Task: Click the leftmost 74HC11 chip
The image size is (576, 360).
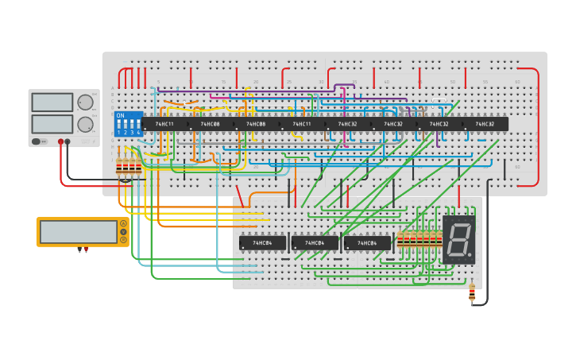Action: (x=164, y=124)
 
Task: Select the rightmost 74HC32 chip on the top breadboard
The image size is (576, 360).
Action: (x=485, y=124)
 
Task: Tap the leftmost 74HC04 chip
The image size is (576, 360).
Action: (x=262, y=243)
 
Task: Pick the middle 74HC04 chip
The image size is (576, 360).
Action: (x=315, y=243)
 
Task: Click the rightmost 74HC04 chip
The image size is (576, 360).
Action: (x=367, y=243)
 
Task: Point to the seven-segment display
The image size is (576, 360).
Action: (x=459, y=239)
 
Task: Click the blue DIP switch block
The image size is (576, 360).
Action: (x=128, y=125)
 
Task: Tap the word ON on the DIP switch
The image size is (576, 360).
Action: (x=121, y=116)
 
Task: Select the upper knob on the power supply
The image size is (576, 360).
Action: (x=85, y=103)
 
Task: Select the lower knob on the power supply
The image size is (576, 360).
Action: (x=85, y=124)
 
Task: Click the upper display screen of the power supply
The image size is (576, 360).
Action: (x=52, y=103)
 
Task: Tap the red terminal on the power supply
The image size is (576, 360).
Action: (x=60, y=141)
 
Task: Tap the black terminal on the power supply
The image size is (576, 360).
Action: (x=68, y=141)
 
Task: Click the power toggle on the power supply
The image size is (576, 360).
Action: (x=37, y=141)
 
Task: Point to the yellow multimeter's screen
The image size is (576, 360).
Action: (x=79, y=232)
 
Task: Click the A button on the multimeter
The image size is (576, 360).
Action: (x=123, y=224)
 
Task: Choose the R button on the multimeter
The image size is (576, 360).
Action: (x=123, y=239)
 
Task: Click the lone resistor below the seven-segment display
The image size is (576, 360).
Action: (x=472, y=293)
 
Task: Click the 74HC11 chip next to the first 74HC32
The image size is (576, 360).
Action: (x=302, y=124)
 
